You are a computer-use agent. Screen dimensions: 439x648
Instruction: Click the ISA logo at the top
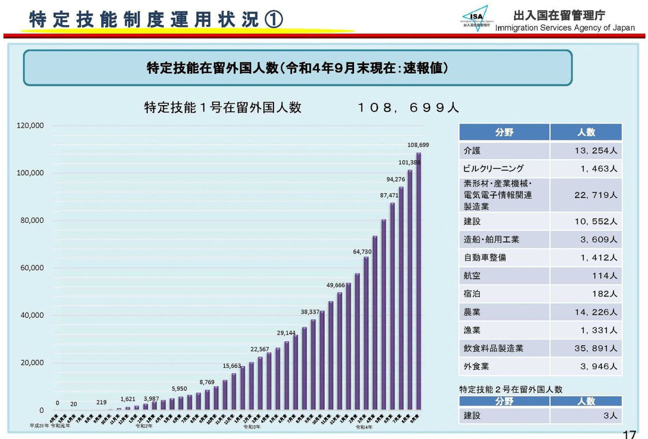(x=476, y=17)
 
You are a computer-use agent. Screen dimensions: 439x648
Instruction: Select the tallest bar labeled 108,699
(x=418, y=280)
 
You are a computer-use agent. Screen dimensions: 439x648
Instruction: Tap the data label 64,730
(x=362, y=251)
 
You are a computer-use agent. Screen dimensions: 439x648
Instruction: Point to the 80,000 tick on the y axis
(x=33, y=220)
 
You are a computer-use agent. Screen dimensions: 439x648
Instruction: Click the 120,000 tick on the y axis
(x=33, y=125)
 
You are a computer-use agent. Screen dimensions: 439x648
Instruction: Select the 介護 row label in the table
(x=472, y=151)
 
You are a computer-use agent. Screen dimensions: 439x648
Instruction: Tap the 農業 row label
(x=472, y=312)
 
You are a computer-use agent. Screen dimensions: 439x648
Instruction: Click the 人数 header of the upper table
(x=586, y=132)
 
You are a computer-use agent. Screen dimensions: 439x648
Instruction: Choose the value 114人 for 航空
(x=605, y=276)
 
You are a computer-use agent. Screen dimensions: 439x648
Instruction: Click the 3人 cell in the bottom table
(x=610, y=416)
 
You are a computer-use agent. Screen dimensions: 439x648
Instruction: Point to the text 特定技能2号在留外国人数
(x=511, y=389)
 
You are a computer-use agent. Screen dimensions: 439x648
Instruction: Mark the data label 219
(x=101, y=402)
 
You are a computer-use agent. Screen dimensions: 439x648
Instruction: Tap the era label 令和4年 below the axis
(x=364, y=426)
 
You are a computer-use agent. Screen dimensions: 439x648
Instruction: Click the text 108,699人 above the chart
(x=408, y=108)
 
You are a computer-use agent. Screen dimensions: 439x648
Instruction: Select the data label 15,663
(x=233, y=365)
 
